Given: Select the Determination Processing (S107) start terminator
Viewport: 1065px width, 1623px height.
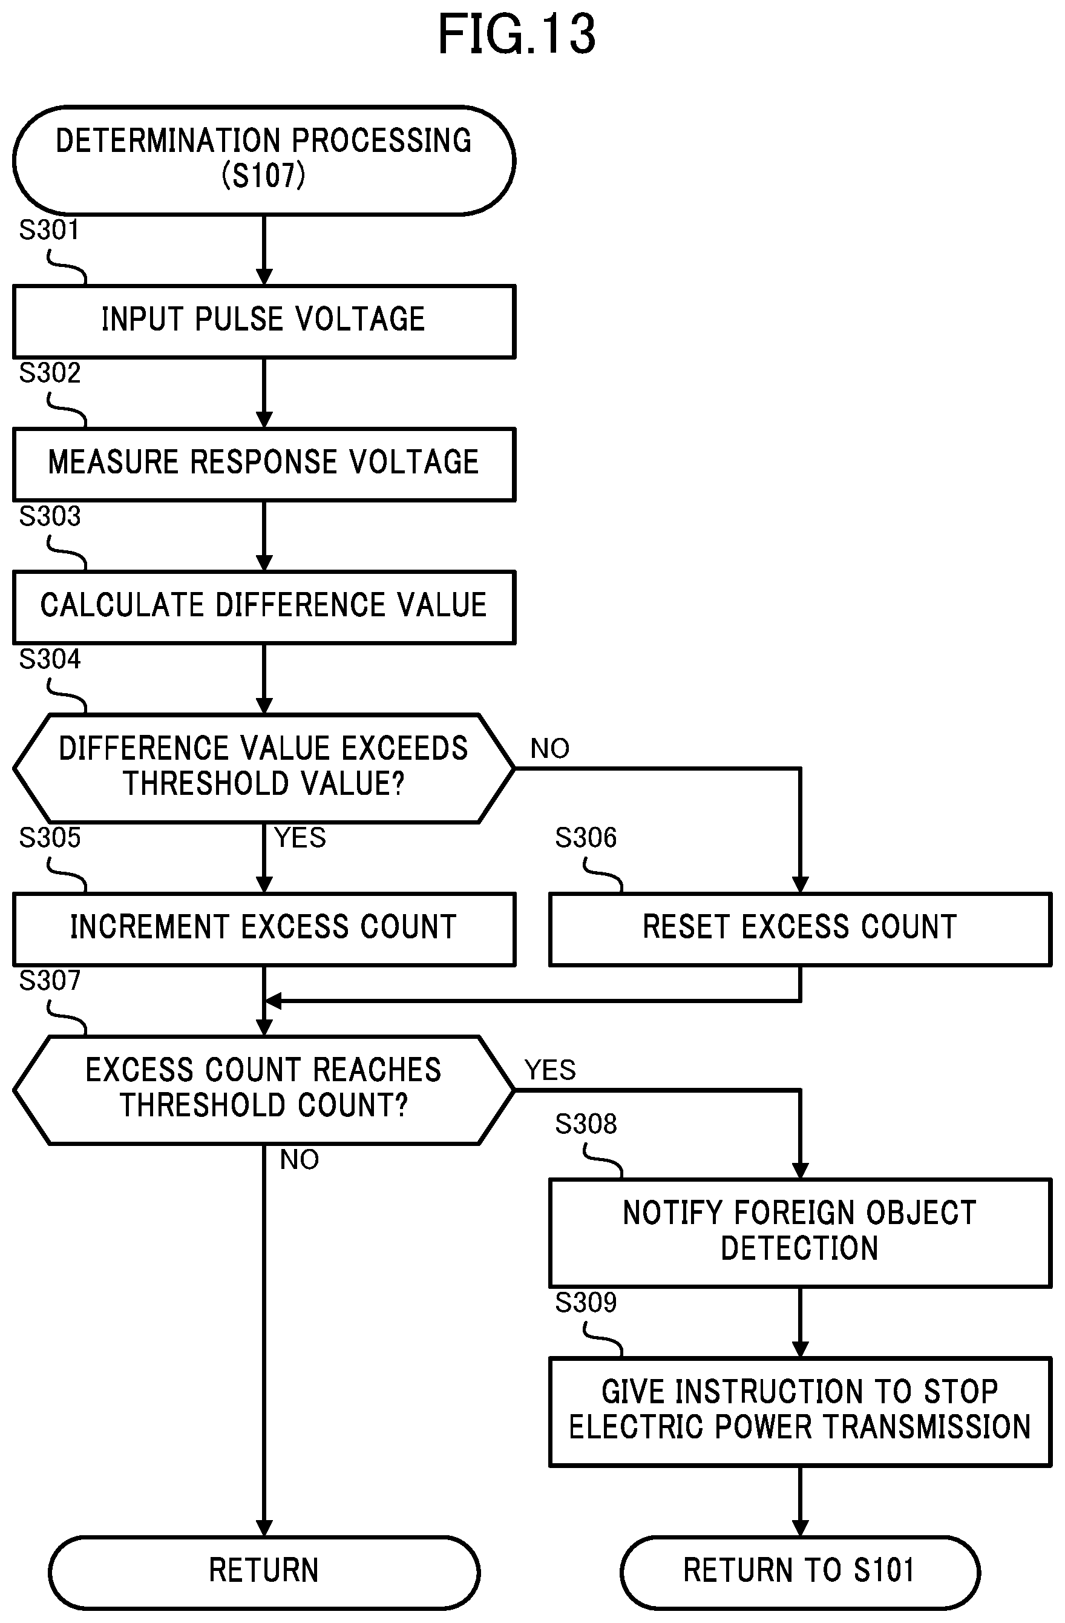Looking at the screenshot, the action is click(x=264, y=161).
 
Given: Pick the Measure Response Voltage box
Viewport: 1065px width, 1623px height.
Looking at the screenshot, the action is click(x=264, y=464).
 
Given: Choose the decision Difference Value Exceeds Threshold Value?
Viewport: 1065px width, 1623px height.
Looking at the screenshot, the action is click(x=264, y=768).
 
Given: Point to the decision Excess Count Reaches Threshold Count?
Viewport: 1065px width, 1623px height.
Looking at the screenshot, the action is click(x=264, y=1090).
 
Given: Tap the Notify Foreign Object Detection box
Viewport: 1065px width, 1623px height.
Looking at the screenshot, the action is click(x=800, y=1233).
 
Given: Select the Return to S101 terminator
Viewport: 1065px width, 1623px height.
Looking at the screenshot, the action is click(x=800, y=1572).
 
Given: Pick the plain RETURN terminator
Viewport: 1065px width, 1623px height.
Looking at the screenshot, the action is click(x=264, y=1572).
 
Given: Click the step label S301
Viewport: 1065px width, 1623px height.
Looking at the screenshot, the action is click(x=49, y=230).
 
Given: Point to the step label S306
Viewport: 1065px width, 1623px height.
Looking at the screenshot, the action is click(x=586, y=837).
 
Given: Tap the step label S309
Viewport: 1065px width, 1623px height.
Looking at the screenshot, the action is click(x=586, y=1303).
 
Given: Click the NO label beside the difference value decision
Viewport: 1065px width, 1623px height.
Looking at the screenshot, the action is click(x=549, y=749).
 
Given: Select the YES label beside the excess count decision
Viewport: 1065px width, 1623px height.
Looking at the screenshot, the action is click(x=550, y=1070).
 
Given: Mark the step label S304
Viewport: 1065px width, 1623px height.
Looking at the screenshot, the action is click(x=50, y=659).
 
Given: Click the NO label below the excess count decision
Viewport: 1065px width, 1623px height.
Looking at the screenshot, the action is click(x=300, y=1159).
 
